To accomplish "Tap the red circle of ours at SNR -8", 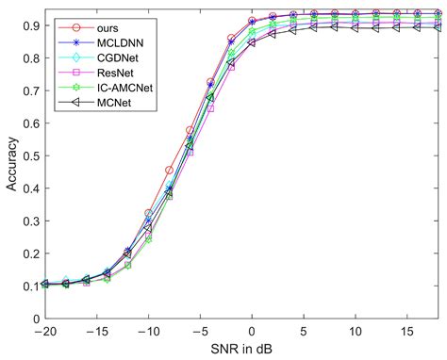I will coord(169,171).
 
